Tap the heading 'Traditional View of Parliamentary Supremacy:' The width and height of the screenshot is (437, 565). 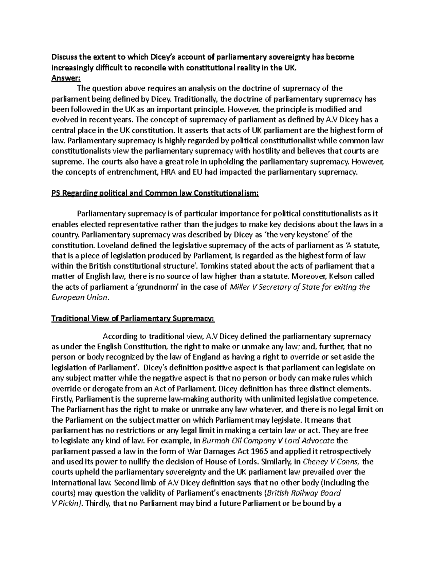click(x=133, y=319)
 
